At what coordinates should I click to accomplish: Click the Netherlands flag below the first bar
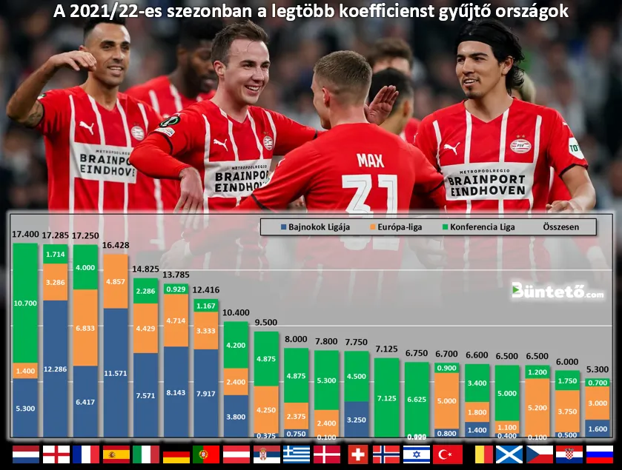coord(26,454)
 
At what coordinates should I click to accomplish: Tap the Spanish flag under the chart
coord(116,454)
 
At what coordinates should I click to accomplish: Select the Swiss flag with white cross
coord(358,454)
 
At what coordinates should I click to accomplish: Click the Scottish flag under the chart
coord(509,454)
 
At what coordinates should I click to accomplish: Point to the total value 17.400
coord(26,234)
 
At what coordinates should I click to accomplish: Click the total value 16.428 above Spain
coord(116,245)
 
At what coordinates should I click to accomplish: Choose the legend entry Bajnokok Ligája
coord(320,226)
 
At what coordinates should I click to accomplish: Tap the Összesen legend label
coord(560,226)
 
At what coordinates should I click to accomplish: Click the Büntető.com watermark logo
coord(557,290)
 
